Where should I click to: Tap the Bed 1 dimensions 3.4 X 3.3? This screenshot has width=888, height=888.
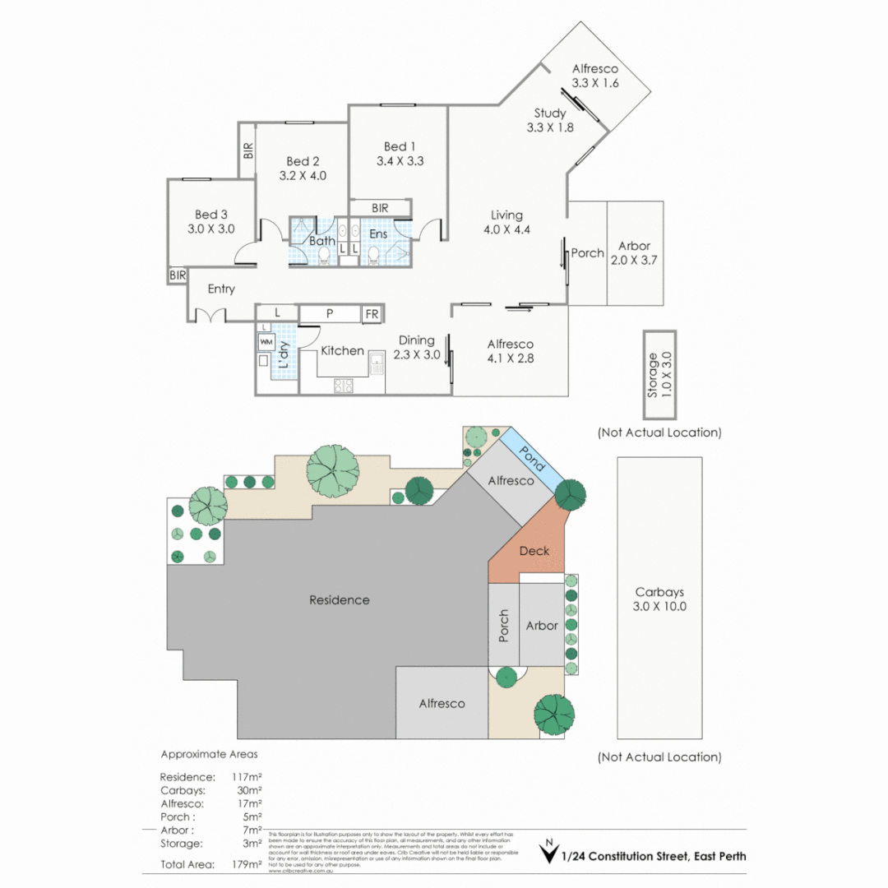coord(400,162)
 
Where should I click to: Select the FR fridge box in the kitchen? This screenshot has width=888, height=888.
coord(372,314)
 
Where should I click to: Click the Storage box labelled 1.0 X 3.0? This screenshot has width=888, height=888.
coord(659,376)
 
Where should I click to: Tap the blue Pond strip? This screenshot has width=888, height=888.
coord(531,457)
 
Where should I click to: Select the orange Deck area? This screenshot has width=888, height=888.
coord(534,551)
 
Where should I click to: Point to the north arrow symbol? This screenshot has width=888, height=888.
coord(546,853)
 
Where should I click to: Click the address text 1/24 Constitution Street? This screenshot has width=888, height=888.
coord(654,856)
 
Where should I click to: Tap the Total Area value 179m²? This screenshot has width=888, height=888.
coord(247,864)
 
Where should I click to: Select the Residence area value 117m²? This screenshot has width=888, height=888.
coord(247,777)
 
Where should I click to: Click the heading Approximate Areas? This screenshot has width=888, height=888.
coord(209,754)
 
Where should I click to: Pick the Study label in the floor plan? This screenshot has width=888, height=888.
coord(549,113)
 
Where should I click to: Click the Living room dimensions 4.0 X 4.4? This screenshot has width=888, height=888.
coord(506,230)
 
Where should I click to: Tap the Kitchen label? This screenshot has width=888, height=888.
coord(342,351)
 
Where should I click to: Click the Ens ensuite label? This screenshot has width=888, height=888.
coord(377,234)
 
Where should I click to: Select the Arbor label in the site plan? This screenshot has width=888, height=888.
coord(542,626)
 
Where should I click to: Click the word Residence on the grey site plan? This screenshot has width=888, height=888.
coord(339,600)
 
